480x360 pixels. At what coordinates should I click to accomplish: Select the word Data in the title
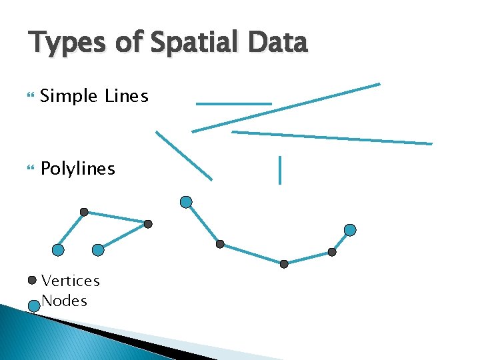(x=277, y=43)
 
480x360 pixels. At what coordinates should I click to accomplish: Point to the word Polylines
(x=77, y=169)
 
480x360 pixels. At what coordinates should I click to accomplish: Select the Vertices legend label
(x=70, y=281)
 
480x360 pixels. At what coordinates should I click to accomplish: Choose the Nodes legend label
(x=64, y=301)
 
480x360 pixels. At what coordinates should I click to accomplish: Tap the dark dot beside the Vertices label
(x=32, y=281)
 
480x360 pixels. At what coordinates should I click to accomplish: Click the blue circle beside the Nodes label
(x=33, y=306)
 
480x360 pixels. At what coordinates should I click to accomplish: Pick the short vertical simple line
(x=280, y=169)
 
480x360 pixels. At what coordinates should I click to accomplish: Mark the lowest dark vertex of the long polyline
(x=284, y=264)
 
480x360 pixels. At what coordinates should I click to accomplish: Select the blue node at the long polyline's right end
(x=350, y=230)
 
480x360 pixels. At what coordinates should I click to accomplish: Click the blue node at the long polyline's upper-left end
(x=187, y=201)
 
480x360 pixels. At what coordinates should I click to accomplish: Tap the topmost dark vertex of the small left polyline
(x=84, y=212)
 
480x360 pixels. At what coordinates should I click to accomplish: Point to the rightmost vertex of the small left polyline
(x=148, y=224)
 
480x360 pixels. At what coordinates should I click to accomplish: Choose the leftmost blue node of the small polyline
(x=58, y=250)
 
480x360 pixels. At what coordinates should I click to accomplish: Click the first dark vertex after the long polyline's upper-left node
(x=220, y=244)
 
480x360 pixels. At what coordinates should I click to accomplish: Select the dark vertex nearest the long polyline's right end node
(x=332, y=252)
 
